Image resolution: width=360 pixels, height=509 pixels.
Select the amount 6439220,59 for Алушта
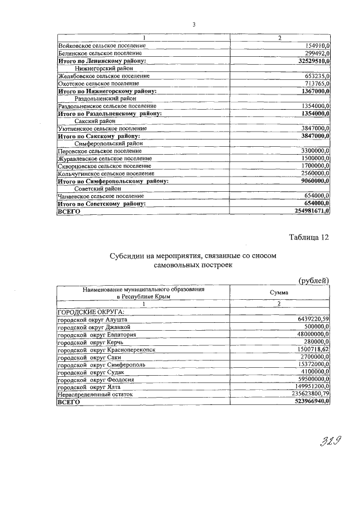point(309,319)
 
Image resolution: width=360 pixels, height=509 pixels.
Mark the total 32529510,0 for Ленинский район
point(308,60)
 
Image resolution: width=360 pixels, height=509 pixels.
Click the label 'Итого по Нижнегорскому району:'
point(107,90)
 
